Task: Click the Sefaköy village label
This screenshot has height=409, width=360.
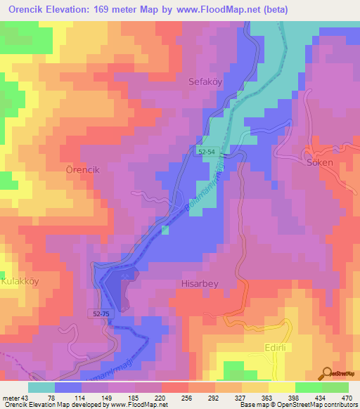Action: [x=205, y=82]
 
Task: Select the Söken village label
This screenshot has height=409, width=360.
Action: [x=320, y=162]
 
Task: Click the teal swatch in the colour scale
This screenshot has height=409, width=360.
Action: [x=41, y=387]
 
